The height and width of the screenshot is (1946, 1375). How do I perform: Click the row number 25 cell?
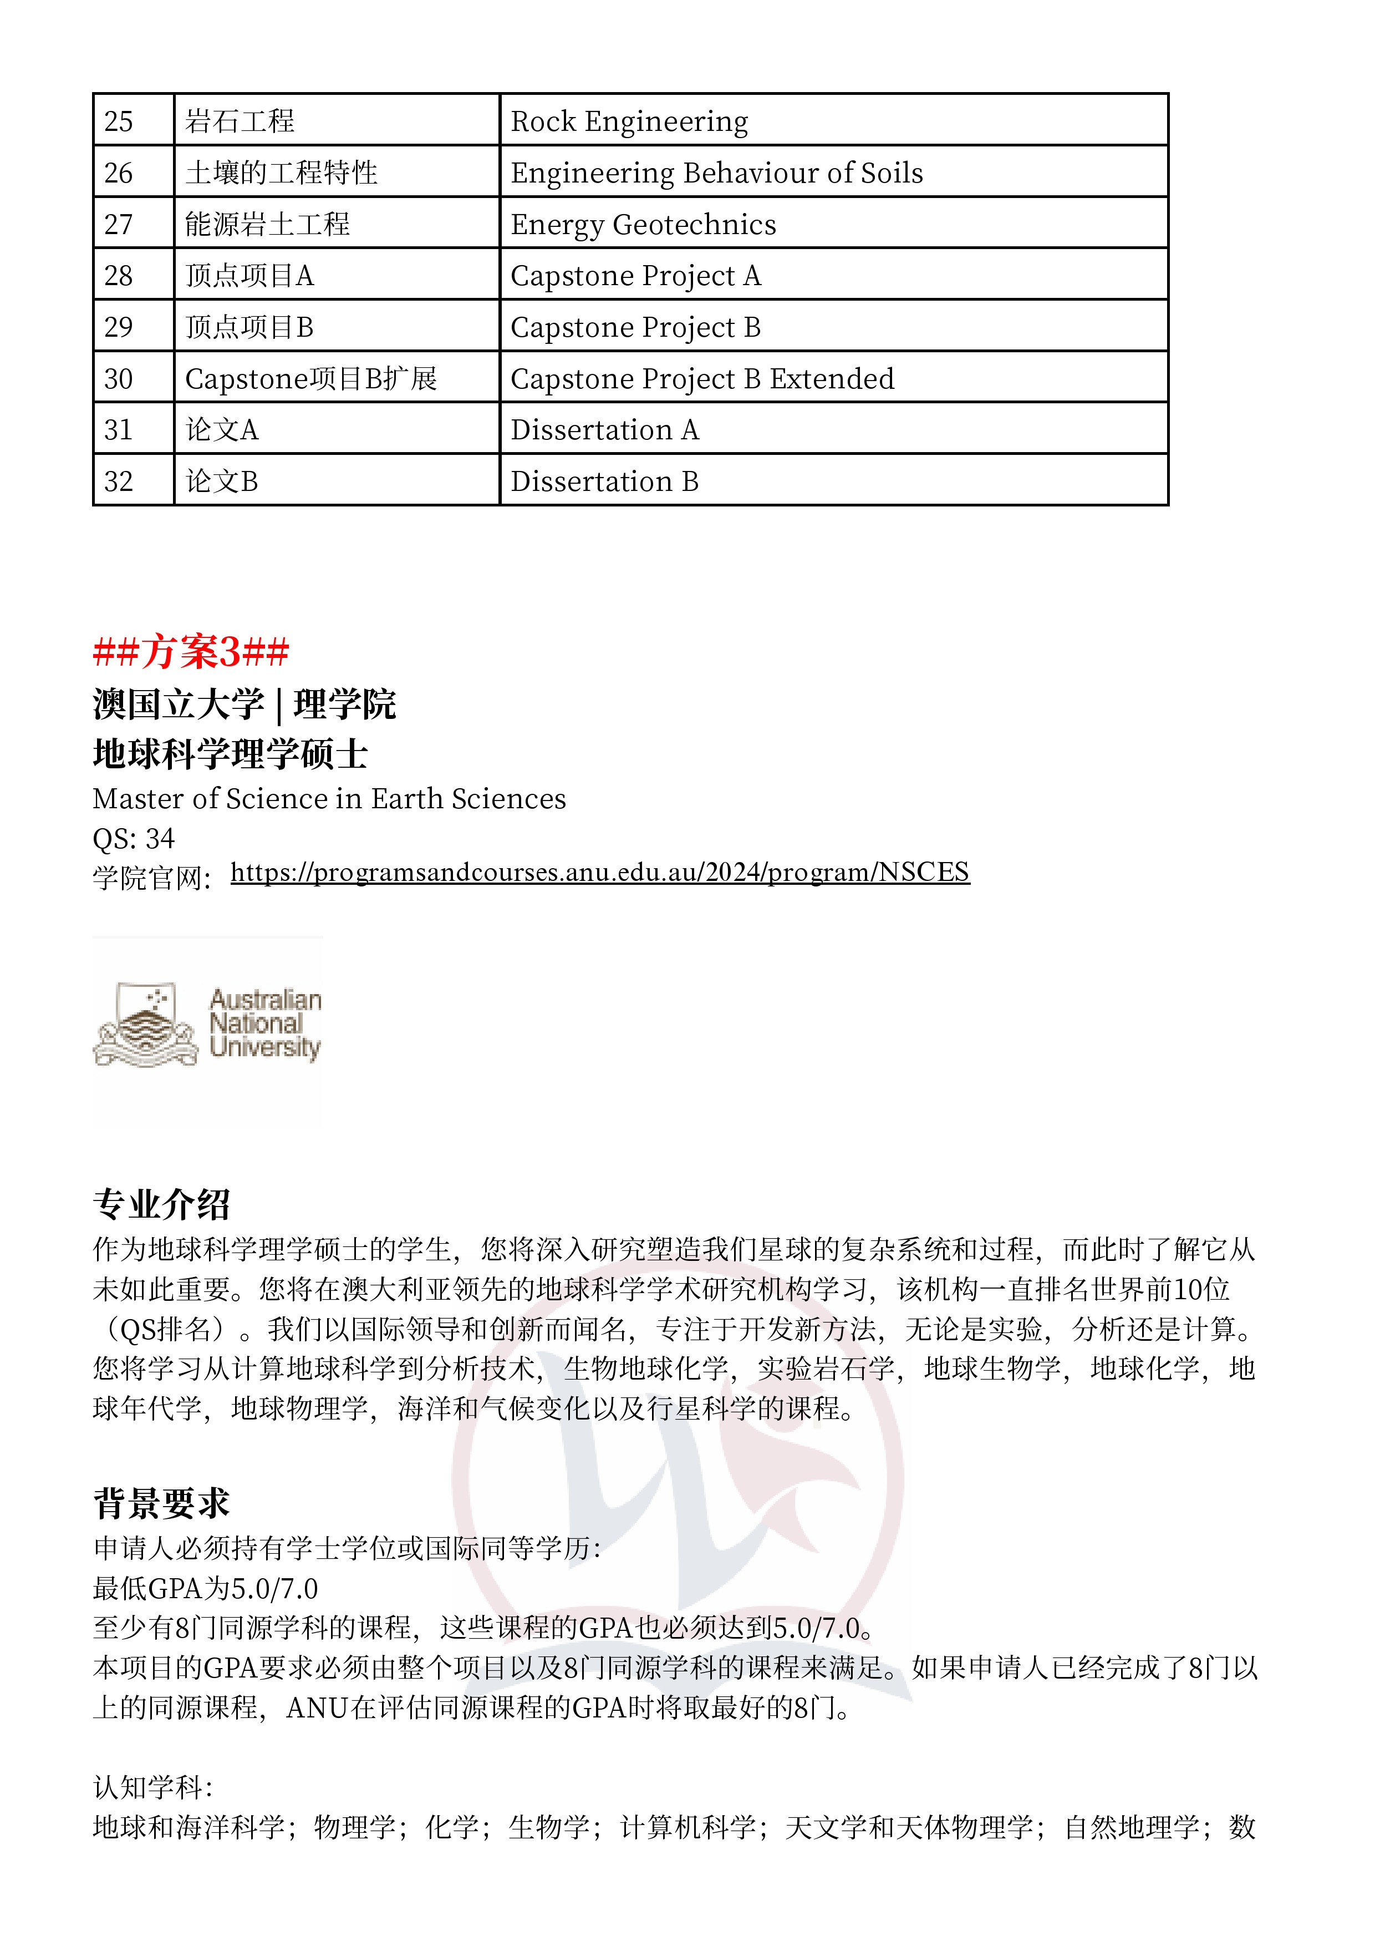click(133, 120)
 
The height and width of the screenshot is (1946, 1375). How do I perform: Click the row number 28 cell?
click(133, 276)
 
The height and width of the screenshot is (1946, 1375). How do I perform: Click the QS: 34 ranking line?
click(133, 838)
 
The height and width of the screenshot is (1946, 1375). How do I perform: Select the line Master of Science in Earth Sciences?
click(329, 798)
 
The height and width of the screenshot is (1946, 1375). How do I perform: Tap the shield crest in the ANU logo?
click(146, 1023)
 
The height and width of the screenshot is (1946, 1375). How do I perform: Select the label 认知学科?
click(152, 1787)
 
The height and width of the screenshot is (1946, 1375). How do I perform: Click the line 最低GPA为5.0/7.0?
click(205, 1588)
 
